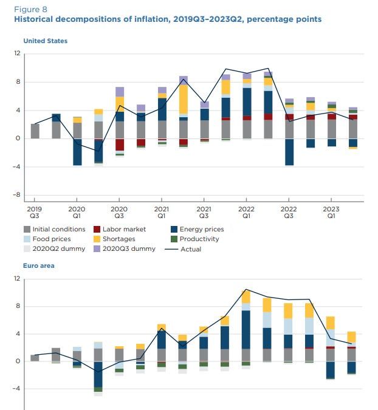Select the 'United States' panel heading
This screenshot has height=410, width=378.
click(45, 41)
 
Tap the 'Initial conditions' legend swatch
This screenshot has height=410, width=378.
click(27, 230)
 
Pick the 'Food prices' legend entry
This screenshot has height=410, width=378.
click(51, 239)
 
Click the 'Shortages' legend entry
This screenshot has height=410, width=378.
click(119, 239)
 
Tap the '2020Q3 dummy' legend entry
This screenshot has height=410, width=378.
click(126, 249)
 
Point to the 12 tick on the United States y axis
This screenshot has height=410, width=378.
click(18, 53)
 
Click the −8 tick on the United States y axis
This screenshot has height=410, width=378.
click(16, 196)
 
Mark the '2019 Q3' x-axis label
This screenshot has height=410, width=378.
click(34, 211)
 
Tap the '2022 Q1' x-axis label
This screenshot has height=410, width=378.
click(246, 211)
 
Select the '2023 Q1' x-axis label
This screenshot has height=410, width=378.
click(331, 211)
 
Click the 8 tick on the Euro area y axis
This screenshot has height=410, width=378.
click(18, 306)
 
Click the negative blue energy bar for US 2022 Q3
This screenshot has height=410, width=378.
click(289, 152)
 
